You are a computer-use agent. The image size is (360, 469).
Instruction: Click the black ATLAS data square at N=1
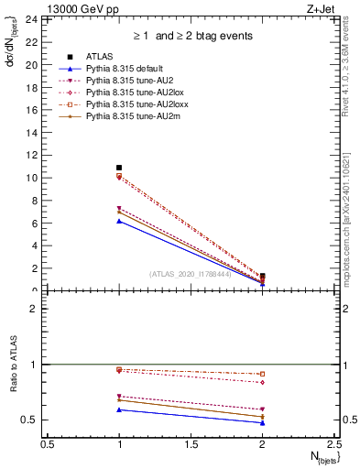(x=119, y=168)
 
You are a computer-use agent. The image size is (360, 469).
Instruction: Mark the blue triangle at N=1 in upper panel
(x=119, y=221)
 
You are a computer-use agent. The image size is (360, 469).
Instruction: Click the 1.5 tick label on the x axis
(x=191, y=443)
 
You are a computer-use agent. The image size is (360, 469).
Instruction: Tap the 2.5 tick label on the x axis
(x=333, y=443)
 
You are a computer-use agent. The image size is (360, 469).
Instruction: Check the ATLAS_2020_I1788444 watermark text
(x=191, y=273)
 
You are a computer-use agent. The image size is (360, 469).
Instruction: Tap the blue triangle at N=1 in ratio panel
(x=119, y=409)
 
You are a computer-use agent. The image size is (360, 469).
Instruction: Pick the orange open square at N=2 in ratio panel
(x=262, y=374)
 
